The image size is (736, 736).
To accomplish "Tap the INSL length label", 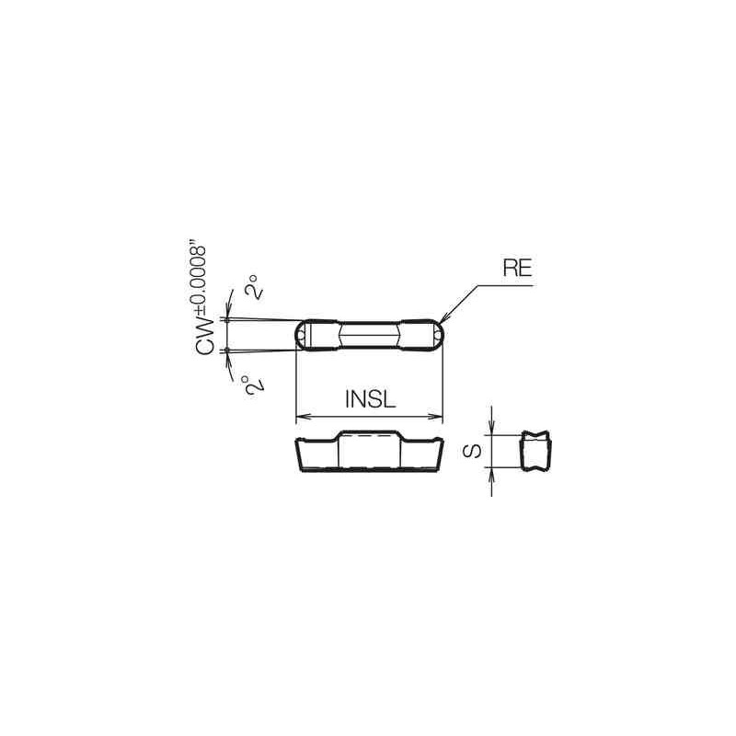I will click(369, 399).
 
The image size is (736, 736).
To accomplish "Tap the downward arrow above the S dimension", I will click(493, 428).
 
